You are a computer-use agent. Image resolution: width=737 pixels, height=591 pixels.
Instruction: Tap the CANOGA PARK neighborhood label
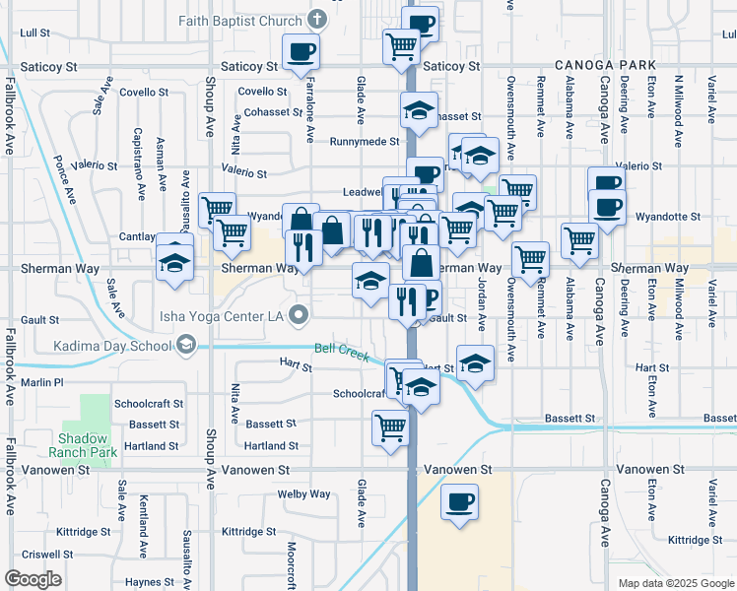(x=605, y=64)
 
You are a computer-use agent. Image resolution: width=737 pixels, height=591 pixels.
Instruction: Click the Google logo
(x=33, y=579)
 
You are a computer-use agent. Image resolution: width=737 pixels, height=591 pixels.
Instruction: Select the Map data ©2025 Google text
(x=675, y=583)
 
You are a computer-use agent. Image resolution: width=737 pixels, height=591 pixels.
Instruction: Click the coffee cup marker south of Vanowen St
(x=459, y=501)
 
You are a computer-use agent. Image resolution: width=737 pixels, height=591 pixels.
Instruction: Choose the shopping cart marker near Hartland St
(x=390, y=428)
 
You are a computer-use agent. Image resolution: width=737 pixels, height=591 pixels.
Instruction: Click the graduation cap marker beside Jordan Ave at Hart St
(x=475, y=363)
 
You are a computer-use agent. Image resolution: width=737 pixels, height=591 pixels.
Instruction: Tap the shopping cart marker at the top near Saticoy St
(x=401, y=44)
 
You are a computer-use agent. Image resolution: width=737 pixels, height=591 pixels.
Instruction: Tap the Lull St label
(x=33, y=33)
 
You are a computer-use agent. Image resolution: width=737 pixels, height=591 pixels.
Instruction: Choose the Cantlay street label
(x=136, y=236)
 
